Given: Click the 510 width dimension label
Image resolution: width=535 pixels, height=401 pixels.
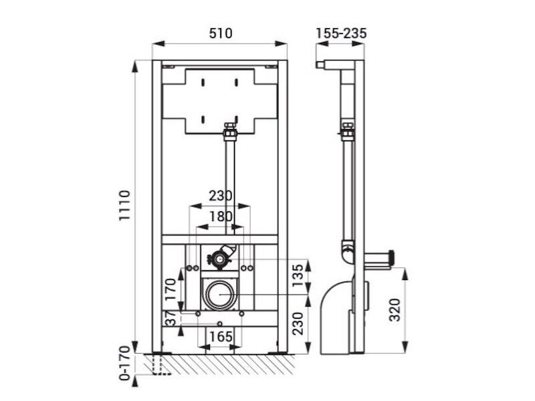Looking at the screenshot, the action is pyautogui.click(x=221, y=33).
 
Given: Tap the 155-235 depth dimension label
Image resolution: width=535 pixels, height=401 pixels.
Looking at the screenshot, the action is pyautogui.click(x=341, y=33).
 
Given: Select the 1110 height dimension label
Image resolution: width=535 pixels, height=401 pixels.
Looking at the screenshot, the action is pyautogui.click(x=125, y=206).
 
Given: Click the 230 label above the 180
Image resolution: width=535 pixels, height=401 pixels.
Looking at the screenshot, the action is pyautogui.click(x=221, y=196).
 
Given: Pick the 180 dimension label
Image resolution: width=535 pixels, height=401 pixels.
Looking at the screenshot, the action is pyautogui.click(x=221, y=217).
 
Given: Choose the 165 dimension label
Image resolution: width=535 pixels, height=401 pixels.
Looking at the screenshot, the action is pyautogui.click(x=221, y=337).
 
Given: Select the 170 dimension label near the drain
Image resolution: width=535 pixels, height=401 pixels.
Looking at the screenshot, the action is pyautogui.click(x=171, y=289).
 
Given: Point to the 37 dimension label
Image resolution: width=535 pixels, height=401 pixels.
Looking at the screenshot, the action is pyautogui.click(x=171, y=317).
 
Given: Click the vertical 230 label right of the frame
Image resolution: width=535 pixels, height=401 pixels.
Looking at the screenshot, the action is pyautogui.click(x=297, y=323).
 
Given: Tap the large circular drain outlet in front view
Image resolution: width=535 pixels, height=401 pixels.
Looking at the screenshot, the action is pyautogui.click(x=220, y=293).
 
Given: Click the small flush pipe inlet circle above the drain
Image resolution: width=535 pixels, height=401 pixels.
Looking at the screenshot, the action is pyautogui.click(x=220, y=259).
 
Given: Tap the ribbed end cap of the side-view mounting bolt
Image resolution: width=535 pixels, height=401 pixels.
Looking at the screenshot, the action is pyautogui.click(x=392, y=258).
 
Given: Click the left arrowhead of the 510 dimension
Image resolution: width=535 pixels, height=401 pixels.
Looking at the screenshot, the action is pyautogui.click(x=158, y=43).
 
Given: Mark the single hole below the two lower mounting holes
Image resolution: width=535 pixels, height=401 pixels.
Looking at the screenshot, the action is pyautogui.click(x=220, y=323).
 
